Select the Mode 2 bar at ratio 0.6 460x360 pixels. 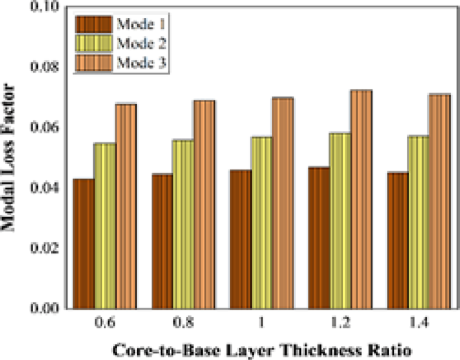coord(105,226)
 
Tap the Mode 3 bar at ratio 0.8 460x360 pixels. coord(204,204)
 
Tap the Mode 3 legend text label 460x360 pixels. coord(142,63)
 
